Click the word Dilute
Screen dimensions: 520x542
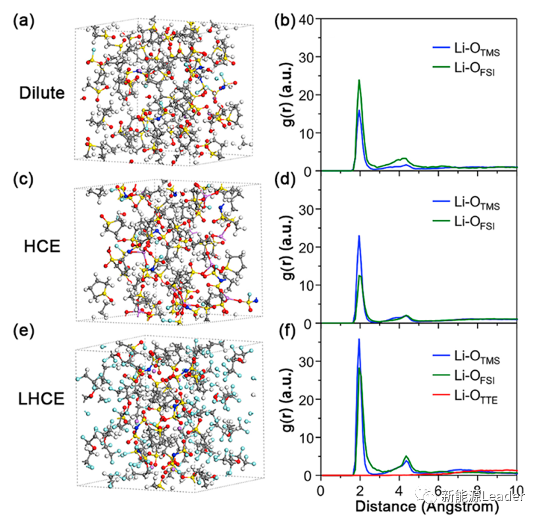[42, 93]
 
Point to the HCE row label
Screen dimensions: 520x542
[45, 246]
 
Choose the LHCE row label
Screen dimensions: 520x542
[40, 398]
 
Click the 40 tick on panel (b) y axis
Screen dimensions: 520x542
[305, 20]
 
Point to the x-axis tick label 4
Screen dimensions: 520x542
[399, 491]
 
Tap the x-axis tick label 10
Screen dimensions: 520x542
[516, 491]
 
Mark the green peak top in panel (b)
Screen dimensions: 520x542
[360, 80]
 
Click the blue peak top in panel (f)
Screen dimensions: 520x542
[359, 339]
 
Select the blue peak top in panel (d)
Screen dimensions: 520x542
[359, 236]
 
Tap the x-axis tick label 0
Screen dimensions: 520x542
[321, 491]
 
